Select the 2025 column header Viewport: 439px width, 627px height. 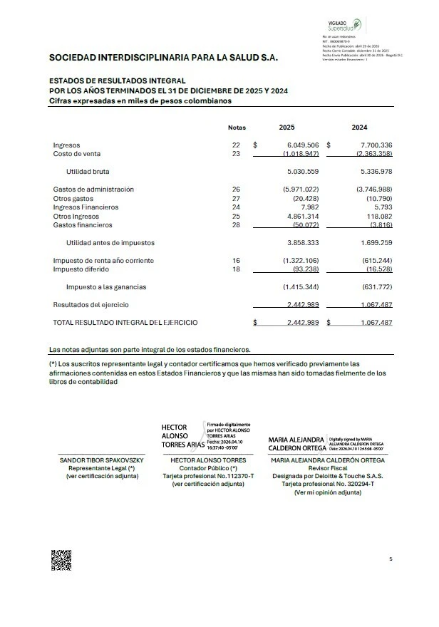click(x=286, y=128)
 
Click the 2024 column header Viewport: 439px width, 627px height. click(x=360, y=128)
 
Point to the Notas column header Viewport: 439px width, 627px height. click(x=237, y=128)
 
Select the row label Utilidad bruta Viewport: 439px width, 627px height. click(x=88, y=172)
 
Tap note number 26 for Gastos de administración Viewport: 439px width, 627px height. click(x=237, y=190)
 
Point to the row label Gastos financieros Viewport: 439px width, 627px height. click(x=83, y=225)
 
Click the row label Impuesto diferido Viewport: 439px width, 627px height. click(x=81, y=269)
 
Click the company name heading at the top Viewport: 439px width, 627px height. click(x=163, y=58)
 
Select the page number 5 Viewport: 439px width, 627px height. click(x=391, y=559)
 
